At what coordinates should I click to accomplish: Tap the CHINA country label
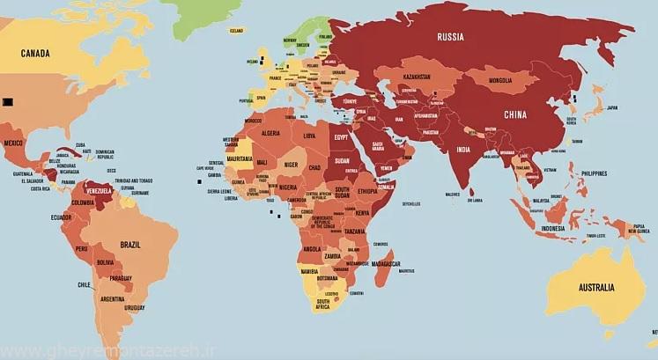click(516, 114)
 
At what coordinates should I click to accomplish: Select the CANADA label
click(35, 54)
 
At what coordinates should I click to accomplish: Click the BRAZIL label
click(131, 243)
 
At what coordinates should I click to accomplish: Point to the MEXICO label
click(13, 142)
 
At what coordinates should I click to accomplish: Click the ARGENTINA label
click(112, 299)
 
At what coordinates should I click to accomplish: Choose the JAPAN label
click(612, 107)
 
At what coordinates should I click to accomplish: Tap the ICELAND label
click(235, 31)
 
